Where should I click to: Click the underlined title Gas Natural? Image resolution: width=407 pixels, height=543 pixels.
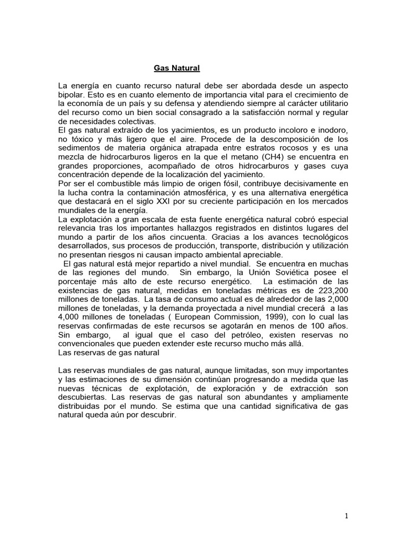(x=177, y=68)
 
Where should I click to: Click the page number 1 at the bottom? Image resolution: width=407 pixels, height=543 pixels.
(x=346, y=516)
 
